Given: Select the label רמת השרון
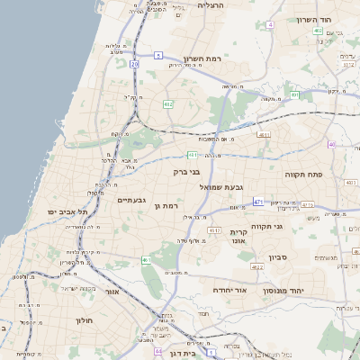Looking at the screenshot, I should coord(200,58).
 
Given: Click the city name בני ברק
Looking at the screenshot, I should coord(185,170).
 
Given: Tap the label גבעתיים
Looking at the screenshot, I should coord(132,200).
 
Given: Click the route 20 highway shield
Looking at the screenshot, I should coord(134,65).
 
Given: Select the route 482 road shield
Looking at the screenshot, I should coord(168,104).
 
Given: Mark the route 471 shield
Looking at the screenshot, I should coord(258,202).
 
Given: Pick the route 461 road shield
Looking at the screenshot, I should coord(147,260).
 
